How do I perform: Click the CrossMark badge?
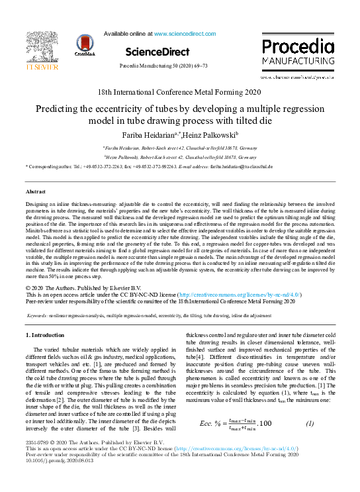point(86,46)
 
